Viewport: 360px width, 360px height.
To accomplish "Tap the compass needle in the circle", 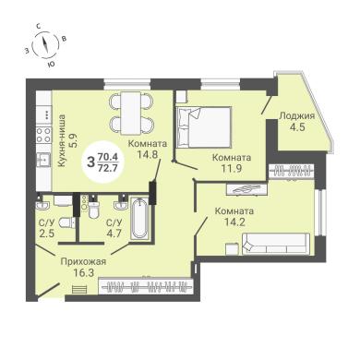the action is [45, 45].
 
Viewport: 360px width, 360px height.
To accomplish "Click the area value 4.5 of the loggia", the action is [297, 126].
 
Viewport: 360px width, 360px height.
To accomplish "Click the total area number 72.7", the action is [107, 168].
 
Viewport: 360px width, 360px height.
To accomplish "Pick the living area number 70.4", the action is [107, 157].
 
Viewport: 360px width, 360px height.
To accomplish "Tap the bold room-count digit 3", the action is [90, 162].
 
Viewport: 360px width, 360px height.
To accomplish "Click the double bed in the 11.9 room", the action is [204, 126].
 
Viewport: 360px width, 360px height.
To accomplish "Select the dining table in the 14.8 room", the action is [131, 113].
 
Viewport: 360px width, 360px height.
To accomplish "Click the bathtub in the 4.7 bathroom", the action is [139, 218].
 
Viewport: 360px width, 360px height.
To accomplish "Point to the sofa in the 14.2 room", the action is [276, 244].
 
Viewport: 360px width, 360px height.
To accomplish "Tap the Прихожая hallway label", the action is [83, 262].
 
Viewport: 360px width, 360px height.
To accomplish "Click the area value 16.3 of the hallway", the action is [83, 272].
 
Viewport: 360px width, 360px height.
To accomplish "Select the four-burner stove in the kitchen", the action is [43, 136].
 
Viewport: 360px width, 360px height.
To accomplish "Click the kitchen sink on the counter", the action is [43, 160].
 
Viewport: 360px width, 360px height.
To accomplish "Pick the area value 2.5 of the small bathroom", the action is [47, 233].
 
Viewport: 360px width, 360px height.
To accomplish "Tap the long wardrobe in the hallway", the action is [146, 286].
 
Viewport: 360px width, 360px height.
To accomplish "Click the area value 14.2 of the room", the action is [234, 222].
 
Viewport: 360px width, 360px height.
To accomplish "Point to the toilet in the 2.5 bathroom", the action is [67, 222].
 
